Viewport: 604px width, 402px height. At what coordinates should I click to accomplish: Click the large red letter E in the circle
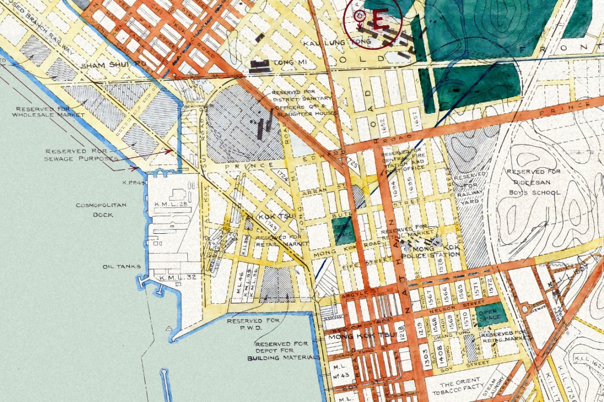click(x=379, y=20)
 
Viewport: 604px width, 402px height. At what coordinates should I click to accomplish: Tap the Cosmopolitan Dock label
click(x=95, y=210)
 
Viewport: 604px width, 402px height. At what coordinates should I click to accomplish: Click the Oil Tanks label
click(x=115, y=266)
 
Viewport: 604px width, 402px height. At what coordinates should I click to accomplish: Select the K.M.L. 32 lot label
click(x=174, y=278)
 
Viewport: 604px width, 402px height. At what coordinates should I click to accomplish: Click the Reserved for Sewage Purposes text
click(x=81, y=155)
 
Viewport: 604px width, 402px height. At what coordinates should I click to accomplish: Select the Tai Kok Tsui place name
click(x=262, y=217)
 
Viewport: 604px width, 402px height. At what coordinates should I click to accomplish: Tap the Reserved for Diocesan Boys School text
click(x=533, y=182)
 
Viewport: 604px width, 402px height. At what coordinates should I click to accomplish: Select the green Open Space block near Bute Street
click(x=344, y=231)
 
